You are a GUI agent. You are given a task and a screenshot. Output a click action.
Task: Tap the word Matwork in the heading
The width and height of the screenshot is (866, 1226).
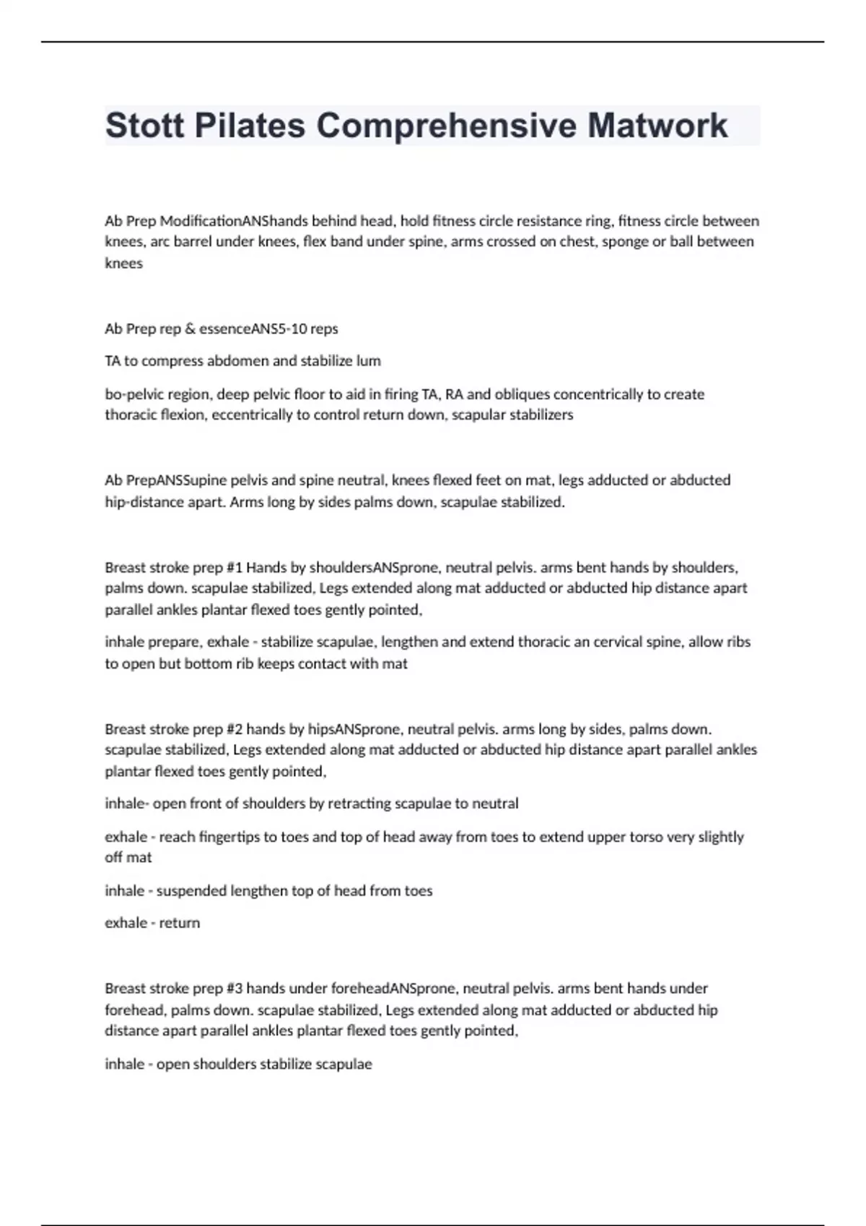[657, 125]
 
